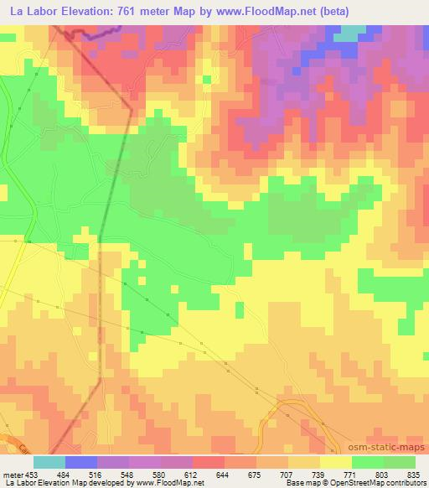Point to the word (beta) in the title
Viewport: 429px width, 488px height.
click(x=330, y=11)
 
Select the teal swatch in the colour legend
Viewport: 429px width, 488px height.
click(x=49, y=462)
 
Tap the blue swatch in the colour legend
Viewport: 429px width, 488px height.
click(x=81, y=462)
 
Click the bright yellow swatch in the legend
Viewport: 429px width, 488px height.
click(x=335, y=462)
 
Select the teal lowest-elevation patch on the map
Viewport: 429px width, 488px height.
click(x=351, y=32)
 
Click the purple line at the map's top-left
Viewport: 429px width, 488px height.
click(x=92, y=33)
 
